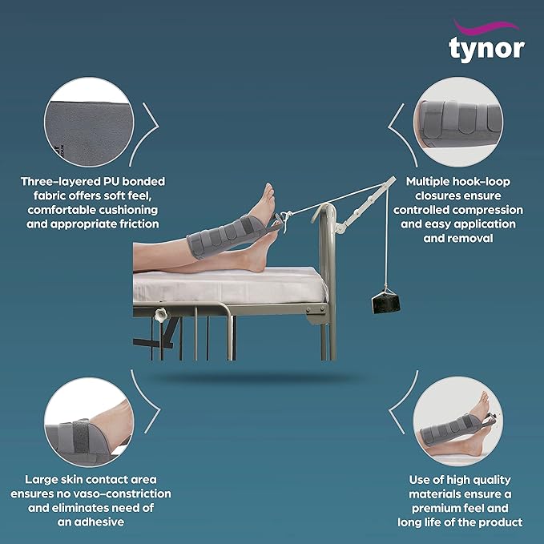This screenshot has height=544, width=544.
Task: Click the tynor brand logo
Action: (x=486, y=41)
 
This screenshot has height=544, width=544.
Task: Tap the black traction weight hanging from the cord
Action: (x=386, y=301)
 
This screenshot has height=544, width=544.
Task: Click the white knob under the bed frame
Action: (x=161, y=315)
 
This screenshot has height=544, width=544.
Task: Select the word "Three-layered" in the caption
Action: (x=59, y=182)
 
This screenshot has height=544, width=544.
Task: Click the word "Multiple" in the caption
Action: (x=428, y=182)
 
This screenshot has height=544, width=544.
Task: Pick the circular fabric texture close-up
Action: (x=89, y=122)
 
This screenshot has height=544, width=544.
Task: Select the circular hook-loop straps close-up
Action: (x=458, y=122)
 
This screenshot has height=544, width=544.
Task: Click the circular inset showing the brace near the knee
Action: (x=89, y=422)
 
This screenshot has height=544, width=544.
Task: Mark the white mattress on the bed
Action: (x=230, y=285)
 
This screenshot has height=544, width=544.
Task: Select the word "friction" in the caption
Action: (x=139, y=224)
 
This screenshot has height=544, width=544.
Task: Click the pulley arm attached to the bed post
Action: (x=365, y=204)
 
